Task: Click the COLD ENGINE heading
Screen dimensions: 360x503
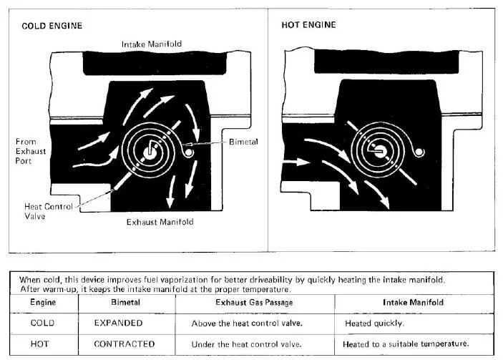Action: pyautogui.click(x=52, y=26)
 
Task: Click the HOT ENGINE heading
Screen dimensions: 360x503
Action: pyautogui.click(x=309, y=26)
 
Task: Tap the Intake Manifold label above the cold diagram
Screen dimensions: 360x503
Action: pyautogui.click(x=152, y=44)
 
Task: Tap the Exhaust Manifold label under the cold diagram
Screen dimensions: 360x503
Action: pyautogui.click(x=160, y=222)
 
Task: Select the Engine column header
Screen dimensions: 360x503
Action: pyautogui.click(x=42, y=303)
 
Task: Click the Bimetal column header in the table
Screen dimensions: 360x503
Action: pyautogui.click(x=126, y=303)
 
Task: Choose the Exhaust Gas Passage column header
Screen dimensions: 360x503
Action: pyautogui.click(x=255, y=303)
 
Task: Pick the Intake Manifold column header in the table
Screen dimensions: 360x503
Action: pyautogui.click(x=414, y=303)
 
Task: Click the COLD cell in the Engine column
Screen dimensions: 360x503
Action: pyautogui.click(x=42, y=323)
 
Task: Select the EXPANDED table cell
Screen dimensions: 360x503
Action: pyautogui.click(x=118, y=323)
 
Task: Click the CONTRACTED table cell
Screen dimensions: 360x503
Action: pyautogui.click(x=124, y=344)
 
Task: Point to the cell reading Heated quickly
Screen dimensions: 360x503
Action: pyautogui.click(x=373, y=323)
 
